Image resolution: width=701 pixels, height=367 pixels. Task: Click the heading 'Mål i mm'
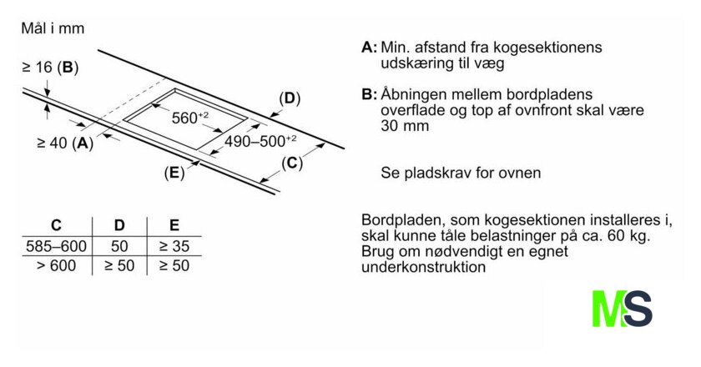point(53,28)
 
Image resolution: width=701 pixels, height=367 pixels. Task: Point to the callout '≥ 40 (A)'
point(65,143)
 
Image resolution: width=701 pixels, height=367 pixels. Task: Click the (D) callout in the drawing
point(289,98)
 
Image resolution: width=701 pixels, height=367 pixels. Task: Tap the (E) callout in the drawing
point(174,173)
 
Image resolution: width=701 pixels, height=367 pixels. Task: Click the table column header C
point(57,225)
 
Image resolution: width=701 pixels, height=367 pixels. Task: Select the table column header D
point(119,225)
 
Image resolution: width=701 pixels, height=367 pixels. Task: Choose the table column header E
point(174,225)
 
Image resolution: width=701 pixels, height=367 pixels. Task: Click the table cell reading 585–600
point(56,247)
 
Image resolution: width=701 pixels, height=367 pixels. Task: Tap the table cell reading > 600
point(56,266)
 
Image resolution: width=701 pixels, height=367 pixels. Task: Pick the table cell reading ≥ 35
point(174,247)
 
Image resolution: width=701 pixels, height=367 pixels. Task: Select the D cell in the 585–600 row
point(119,247)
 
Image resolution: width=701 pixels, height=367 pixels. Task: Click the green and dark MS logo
point(622,309)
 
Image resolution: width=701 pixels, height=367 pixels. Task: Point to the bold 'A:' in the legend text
point(370,48)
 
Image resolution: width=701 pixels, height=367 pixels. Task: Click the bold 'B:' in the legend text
point(370,94)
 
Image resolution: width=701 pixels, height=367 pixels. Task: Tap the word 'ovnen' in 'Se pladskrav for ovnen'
point(519,173)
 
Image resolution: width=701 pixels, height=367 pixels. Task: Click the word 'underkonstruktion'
point(423,268)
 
